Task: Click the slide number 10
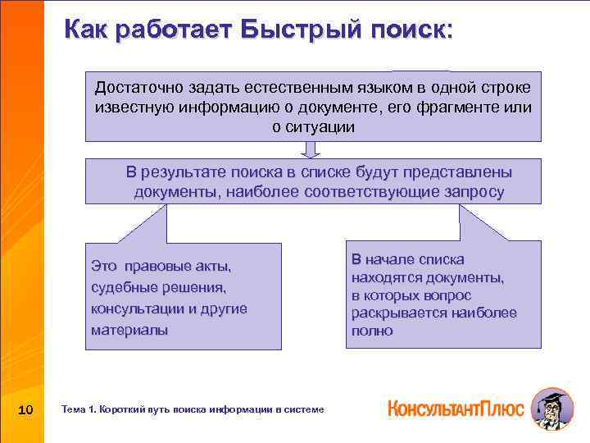pyautogui.click(x=25, y=409)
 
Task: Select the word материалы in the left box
pyautogui.click(x=129, y=330)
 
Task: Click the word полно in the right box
pyautogui.click(x=372, y=331)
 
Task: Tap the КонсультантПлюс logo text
pyautogui.click(x=455, y=409)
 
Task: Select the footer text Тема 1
pyautogui.click(x=79, y=409)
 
